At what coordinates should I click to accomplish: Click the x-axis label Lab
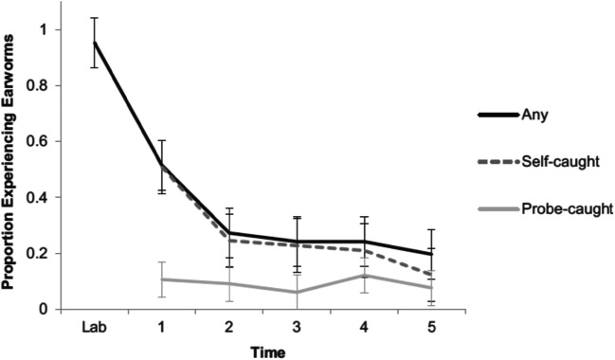95,327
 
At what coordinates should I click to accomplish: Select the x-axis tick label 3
298,327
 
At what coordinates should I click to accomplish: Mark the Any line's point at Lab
95,43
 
